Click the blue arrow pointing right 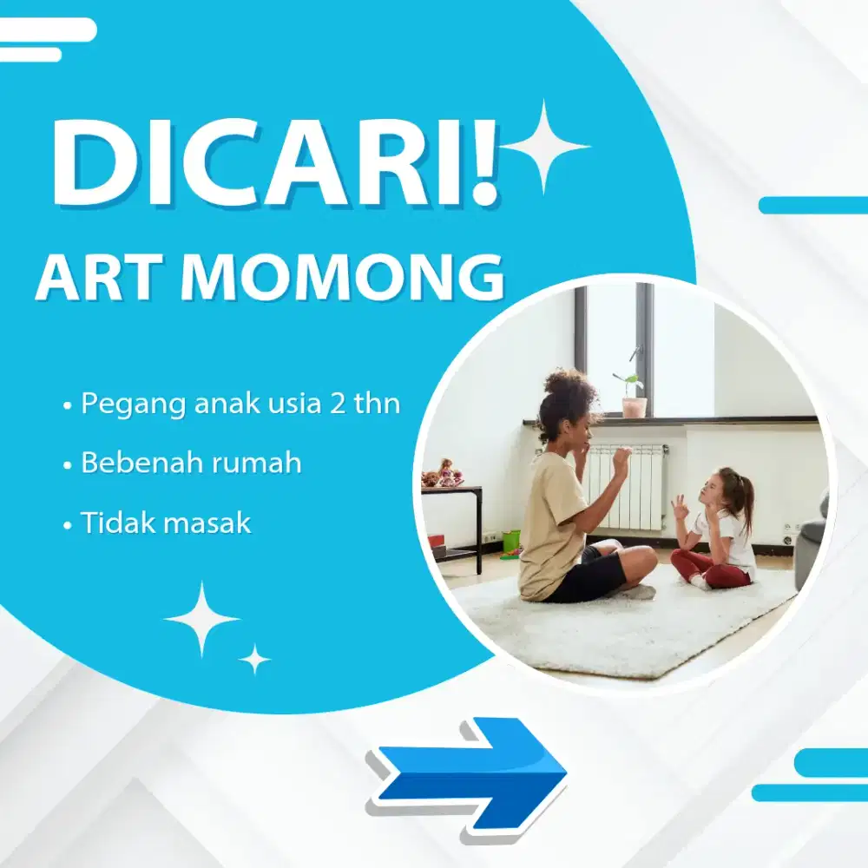[x=469, y=772]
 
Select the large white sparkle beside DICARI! [x=544, y=146]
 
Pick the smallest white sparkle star [x=254, y=659]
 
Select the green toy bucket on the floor [x=511, y=541]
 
